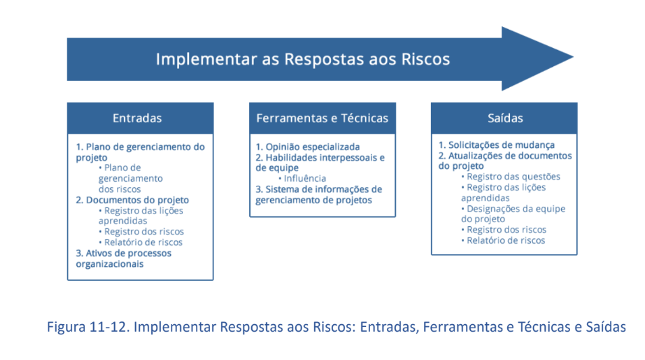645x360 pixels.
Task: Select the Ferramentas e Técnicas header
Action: (x=322, y=118)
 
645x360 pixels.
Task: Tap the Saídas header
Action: (x=504, y=118)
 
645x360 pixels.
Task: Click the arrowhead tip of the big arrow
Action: (x=573, y=57)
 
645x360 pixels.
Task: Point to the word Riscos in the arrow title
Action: (x=425, y=59)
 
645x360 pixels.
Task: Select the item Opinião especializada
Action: (x=308, y=147)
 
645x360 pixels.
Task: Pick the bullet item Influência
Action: (x=303, y=178)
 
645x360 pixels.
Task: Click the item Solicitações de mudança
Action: (x=496, y=145)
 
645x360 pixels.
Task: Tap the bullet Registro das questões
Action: (x=511, y=176)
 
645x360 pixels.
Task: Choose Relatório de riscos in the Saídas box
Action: (x=503, y=240)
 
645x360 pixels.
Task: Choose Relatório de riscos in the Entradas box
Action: (x=140, y=242)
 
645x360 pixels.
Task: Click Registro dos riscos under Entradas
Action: (x=141, y=232)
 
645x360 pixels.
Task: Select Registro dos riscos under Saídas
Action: (x=504, y=230)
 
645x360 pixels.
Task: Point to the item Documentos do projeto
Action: (x=132, y=200)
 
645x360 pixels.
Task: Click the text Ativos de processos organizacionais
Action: (x=124, y=259)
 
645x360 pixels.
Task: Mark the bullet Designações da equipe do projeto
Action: (x=513, y=213)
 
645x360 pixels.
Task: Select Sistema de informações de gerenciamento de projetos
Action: (x=319, y=195)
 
